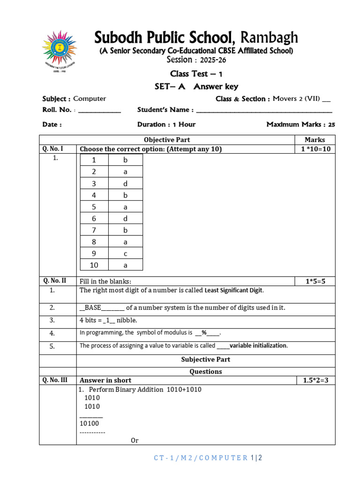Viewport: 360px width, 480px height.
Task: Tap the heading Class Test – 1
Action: (196, 74)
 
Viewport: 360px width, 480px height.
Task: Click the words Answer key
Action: (216, 86)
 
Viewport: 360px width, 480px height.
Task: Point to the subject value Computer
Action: (90, 99)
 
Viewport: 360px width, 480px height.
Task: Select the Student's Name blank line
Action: (264, 111)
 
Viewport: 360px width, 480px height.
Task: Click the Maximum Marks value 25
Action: (331, 125)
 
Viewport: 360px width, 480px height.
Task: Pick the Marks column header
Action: (315, 140)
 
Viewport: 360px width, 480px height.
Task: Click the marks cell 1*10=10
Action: (315, 149)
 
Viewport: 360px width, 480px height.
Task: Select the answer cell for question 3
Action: (125, 183)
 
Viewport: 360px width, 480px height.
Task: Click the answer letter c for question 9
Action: (125, 254)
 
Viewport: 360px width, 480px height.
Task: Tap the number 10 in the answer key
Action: (94, 265)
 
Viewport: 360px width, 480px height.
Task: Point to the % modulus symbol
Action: (204, 333)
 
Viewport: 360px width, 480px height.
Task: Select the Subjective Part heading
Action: (205, 360)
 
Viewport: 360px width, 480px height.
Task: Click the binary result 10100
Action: (89, 423)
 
